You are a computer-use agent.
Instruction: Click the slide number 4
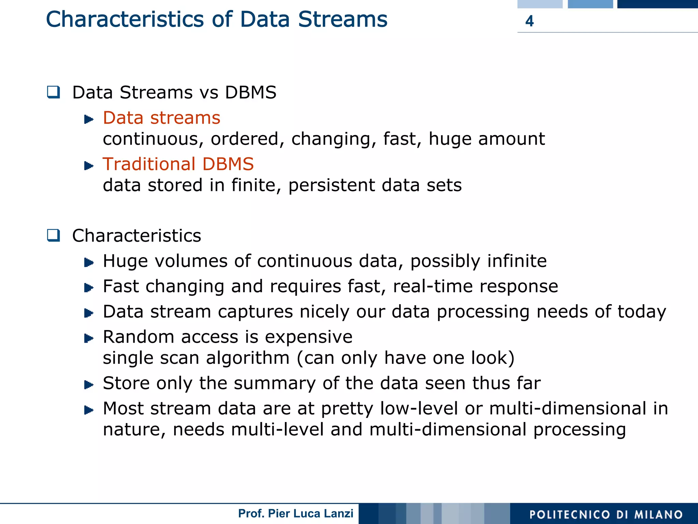(529, 21)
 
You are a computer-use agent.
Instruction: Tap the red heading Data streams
(162, 118)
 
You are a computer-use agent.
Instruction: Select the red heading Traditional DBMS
(178, 164)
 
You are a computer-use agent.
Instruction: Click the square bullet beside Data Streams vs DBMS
(54, 92)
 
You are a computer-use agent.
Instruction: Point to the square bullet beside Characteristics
(54, 236)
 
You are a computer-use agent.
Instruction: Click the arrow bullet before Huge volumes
(89, 262)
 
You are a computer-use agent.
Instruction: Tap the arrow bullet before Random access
(89, 338)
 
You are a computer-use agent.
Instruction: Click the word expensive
(308, 337)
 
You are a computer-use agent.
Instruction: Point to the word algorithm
(247, 358)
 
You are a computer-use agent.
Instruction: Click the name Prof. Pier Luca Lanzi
(295, 513)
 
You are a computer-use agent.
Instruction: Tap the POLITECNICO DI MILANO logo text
(606, 514)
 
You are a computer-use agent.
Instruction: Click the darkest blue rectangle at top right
(657, 4)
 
